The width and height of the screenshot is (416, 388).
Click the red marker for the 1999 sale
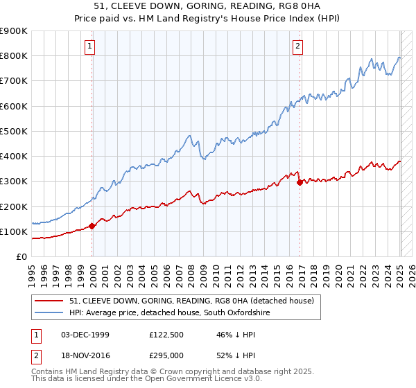[92, 226]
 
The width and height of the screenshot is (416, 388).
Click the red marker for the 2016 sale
[300, 182]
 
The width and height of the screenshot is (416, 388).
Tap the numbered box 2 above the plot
[297, 46]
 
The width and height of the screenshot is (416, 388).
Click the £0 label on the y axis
[21, 257]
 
